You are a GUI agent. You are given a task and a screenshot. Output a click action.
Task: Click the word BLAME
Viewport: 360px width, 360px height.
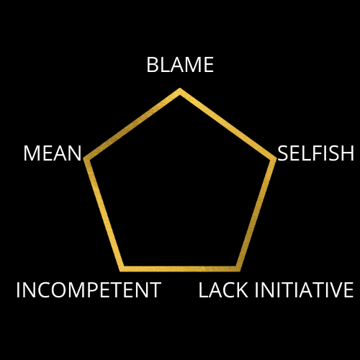click(180, 65)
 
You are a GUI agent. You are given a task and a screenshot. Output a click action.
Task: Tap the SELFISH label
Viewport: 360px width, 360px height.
click(315, 153)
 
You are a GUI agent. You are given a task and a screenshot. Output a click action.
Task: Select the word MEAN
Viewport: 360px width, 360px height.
click(53, 153)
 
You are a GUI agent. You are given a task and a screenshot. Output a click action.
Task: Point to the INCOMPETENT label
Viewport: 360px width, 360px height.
click(89, 290)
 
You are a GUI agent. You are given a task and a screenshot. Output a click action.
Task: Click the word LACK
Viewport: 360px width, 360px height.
click(223, 290)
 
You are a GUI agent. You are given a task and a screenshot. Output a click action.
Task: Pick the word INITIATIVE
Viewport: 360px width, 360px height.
click(304, 290)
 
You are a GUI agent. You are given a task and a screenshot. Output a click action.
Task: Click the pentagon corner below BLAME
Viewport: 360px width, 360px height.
click(180, 89)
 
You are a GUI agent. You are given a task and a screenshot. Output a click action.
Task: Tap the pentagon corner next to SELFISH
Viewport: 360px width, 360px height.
click(275, 158)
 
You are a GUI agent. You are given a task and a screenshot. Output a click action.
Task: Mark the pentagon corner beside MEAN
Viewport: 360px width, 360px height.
click(85, 158)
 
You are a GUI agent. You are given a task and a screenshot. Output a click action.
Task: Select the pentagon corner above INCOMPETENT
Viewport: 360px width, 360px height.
click(122, 270)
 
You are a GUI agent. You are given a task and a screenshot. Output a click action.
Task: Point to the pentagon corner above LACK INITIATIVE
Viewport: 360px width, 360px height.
click(238, 270)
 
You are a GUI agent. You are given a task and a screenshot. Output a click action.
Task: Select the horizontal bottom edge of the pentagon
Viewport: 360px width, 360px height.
click(180, 269)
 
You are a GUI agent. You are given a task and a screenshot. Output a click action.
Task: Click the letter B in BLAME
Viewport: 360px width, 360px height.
click(152, 65)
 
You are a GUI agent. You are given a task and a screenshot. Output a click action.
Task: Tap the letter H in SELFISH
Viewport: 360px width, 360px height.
click(348, 153)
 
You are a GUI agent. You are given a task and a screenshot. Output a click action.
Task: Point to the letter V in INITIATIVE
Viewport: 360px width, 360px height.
click(335, 290)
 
